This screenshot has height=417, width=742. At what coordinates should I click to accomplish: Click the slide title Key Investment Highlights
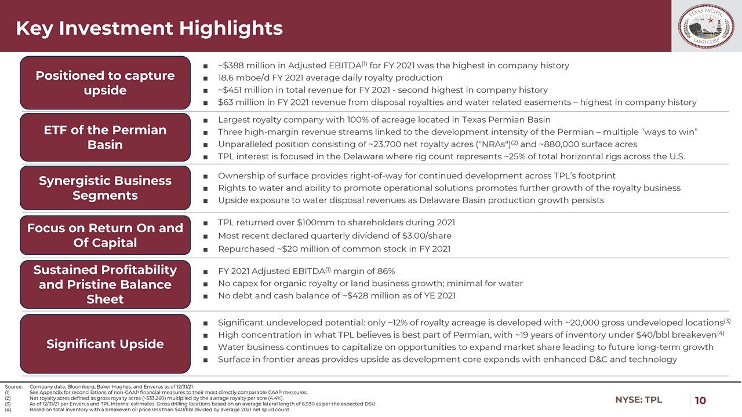click(149, 28)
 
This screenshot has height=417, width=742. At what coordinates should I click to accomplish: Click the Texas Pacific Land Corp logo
click(707, 27)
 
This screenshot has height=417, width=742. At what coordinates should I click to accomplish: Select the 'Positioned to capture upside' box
click(105, 83)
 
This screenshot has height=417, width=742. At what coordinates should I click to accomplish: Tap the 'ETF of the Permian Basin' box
click(105, 137)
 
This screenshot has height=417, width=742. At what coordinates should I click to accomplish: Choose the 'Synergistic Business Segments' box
click(105, 188)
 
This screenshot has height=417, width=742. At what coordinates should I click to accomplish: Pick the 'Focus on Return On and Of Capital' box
click(105, 235)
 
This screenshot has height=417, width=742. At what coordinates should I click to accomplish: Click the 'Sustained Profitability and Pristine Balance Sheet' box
click(105, 284)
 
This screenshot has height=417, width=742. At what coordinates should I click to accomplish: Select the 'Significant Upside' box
click(105, 344)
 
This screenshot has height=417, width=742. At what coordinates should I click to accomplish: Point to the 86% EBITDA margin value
click(384, 271)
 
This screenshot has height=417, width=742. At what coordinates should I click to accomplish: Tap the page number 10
click(700, 400)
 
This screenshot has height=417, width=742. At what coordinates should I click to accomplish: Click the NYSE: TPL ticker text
click(639, 400)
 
